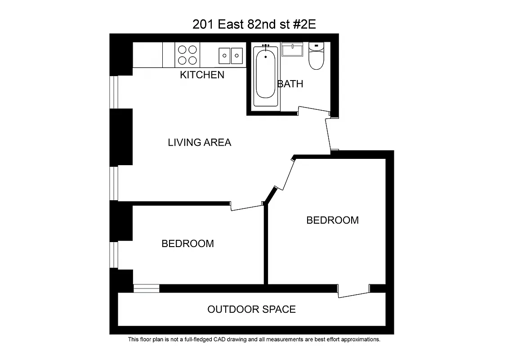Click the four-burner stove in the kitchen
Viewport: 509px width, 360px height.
tap(188, 55)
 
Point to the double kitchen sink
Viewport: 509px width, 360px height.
tap(231, 56)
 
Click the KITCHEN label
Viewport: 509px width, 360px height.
tap(202, 75)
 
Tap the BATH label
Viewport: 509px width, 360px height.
tap(290, 84)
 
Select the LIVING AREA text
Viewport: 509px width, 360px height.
tap(199, 143)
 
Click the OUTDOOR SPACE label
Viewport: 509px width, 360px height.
tap(251, 310)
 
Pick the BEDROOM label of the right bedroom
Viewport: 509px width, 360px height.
tap(332, 220)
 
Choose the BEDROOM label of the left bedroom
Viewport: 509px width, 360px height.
tap(188, 243)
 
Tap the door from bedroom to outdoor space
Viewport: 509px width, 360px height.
tap(353, 293)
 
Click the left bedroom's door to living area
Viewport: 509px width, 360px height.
tap(246, 207)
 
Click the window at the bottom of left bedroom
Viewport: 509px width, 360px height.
tap(146, 288)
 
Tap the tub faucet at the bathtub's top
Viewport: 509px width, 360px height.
tap(265, 46)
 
